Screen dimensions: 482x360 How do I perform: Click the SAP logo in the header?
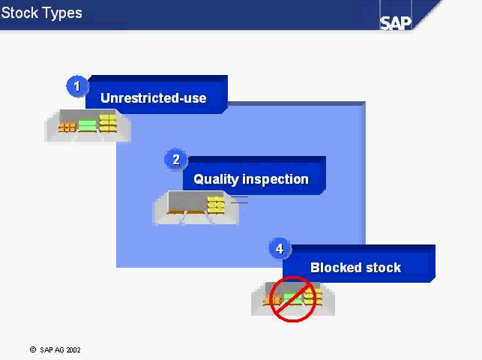click(395, 23)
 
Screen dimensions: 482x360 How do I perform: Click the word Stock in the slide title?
click(19, 13)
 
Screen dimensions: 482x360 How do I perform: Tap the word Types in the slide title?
click(61, 13)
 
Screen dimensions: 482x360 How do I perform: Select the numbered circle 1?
click(77, 86)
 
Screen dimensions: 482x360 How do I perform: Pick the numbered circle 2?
click(176, 160)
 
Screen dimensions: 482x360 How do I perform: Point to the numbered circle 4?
click(280, 249)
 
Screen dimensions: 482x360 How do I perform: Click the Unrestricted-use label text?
click(154, 98)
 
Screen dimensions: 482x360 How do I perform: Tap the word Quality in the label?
click(217, 179)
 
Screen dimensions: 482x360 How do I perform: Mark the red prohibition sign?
click(292, 298)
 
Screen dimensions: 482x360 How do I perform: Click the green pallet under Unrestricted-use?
click(87, 125)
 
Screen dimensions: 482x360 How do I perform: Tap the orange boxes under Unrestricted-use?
click(67, 127)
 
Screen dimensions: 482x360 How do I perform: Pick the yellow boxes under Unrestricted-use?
click(108, 124)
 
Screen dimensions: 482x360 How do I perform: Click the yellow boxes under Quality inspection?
click(216, 205)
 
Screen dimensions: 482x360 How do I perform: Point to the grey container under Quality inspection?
click(187, 202)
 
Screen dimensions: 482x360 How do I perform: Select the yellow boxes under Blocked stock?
click(313, 298)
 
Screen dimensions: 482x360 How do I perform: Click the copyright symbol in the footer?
click(33, 349)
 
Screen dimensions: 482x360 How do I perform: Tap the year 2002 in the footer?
click(73, 349)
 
